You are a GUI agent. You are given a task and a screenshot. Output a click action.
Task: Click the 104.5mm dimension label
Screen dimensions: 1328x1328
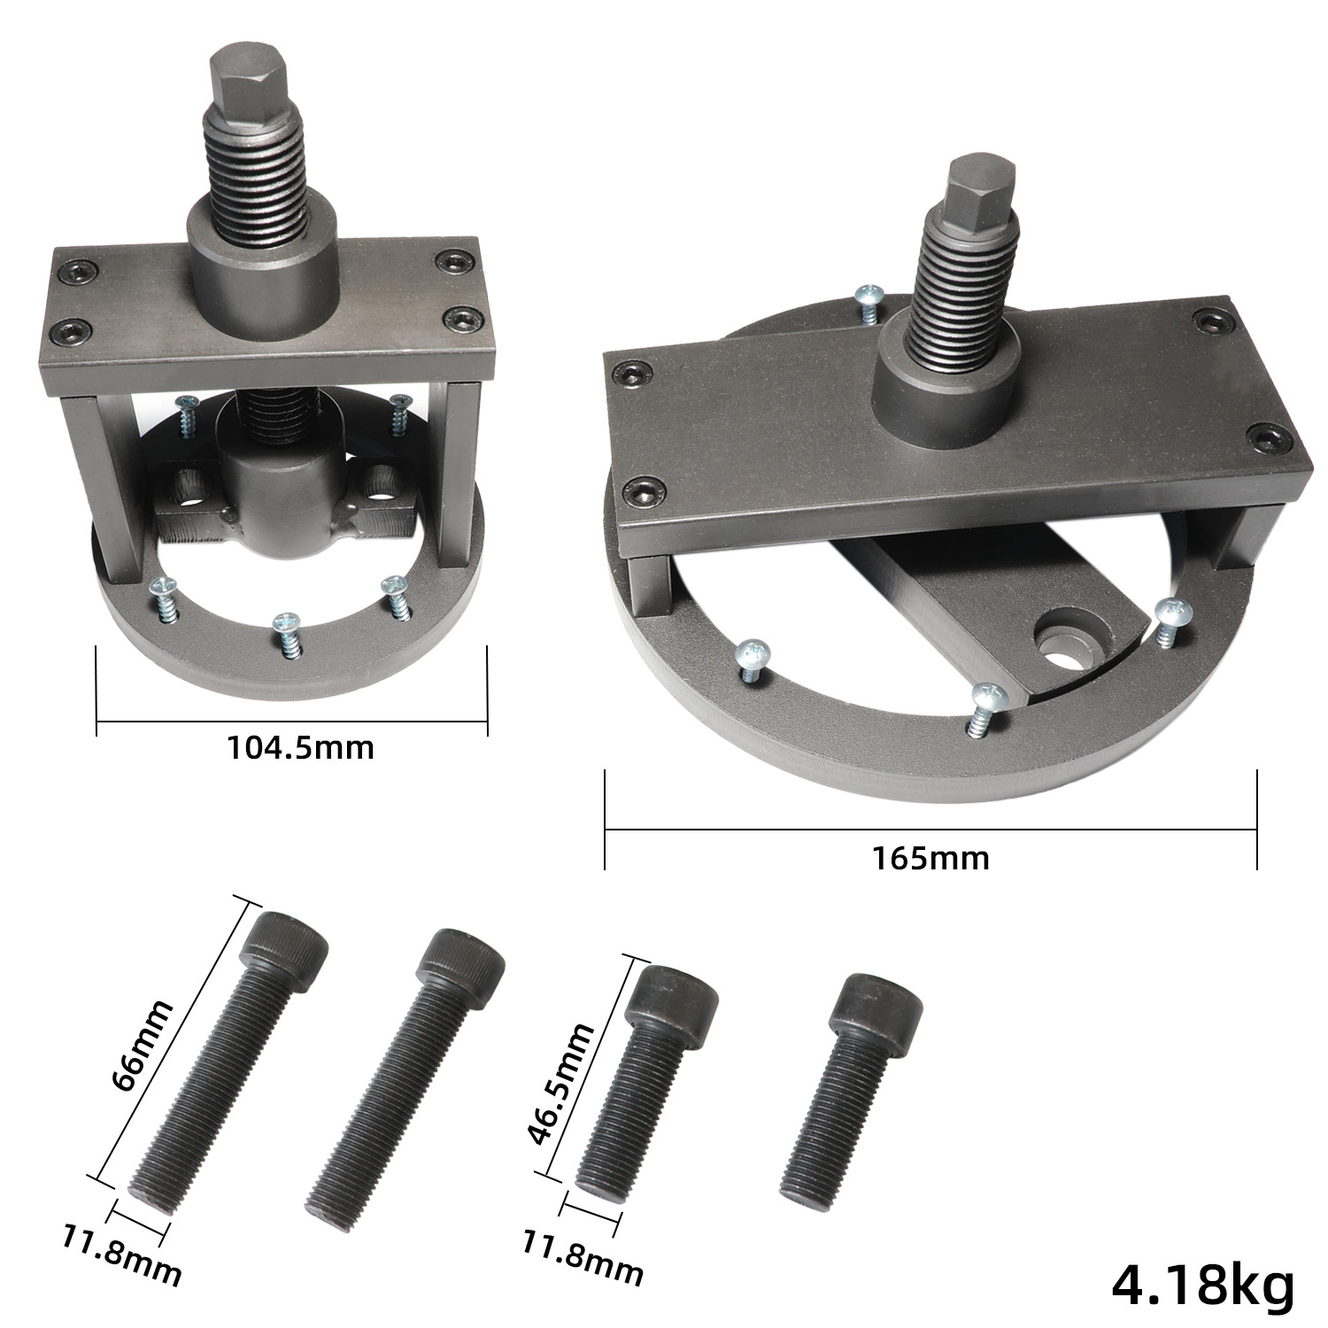point(301,748)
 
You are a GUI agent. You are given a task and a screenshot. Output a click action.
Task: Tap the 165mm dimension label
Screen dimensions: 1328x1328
point(930,857)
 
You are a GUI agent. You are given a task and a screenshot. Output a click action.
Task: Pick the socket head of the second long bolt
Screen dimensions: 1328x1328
point(460,963)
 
